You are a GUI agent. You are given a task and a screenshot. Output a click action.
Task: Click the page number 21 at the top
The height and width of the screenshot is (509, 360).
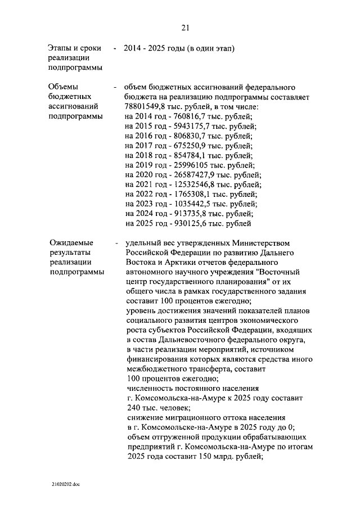coord(185,28)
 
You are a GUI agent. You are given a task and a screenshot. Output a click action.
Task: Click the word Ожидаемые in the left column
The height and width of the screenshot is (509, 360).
coord(70,243)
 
